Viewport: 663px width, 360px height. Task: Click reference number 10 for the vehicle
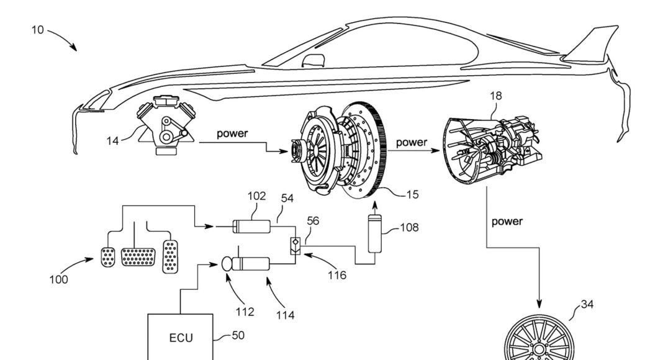(37, 29)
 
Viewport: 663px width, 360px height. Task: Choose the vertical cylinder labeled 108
(374, 233)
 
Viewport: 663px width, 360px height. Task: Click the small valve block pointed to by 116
(295, 245)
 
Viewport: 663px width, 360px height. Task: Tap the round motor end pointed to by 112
(225, 264)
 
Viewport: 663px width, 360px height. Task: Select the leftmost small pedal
(107, 256)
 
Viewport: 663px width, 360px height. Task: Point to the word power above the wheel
(507, 221)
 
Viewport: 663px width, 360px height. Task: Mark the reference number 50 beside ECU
(238, 335)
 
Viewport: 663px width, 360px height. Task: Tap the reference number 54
(287, 198)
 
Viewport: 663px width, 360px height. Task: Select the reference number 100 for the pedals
(59, 279)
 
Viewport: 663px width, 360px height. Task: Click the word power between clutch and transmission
(412, 142)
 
